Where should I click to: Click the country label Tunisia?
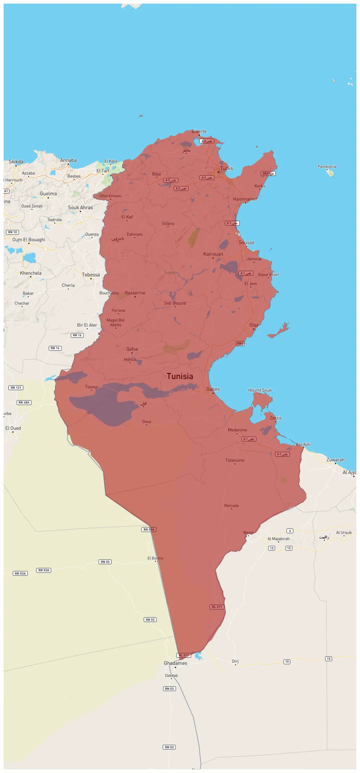click(x=180, y=376)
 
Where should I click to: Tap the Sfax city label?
click(x=253, y=325)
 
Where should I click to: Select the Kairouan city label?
click(x=213, y=254)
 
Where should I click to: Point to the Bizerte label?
click(x=199, y=131)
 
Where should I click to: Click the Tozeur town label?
click(x=91, y=387)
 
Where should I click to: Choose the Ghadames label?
click(x=175, y=663)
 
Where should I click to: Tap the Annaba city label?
click(x=68, y=160)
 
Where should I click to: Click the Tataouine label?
click(x=235, y=460)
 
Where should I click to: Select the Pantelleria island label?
click(x=327, y=167)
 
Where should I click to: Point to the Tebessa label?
click(x=91, y=275)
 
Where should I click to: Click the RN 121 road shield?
click(x=16, y=388)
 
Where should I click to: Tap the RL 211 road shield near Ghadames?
click(x=184, y=655)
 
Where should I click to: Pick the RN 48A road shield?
click(x=24, y=402)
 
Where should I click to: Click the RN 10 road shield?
click(x=13, y=232)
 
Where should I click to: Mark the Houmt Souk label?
click(x=260, y=390)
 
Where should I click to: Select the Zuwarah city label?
click(x=335, y=460)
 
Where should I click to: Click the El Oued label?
click(x=13, y=428)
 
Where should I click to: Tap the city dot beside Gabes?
click(x=213, y=393)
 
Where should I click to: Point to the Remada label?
click(x=231, y=506)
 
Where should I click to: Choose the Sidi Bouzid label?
click(x=175, y=303)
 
